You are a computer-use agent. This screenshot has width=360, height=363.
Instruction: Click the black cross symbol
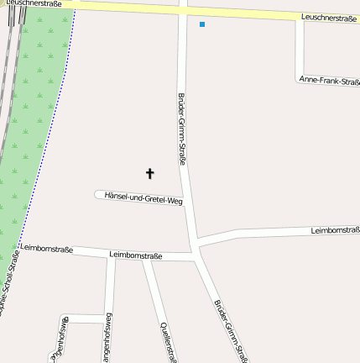pos(150,174)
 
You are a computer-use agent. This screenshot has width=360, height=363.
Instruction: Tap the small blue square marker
pos(202,24)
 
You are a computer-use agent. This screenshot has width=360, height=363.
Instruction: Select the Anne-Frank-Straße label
pos(329,81)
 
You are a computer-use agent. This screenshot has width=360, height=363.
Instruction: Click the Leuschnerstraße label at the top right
pos(329,18)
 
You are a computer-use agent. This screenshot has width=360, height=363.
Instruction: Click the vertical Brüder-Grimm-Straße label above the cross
pos(181,129)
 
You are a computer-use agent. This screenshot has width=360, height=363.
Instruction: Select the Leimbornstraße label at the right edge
pos(335,229)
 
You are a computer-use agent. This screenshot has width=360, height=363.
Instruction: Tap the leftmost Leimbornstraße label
pos(46,249)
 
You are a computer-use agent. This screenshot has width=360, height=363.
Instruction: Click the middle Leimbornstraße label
pos(136,254)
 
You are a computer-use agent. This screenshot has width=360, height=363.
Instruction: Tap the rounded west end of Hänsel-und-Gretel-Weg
pos(98,194)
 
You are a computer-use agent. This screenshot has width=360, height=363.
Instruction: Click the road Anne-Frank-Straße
pos(300,50)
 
